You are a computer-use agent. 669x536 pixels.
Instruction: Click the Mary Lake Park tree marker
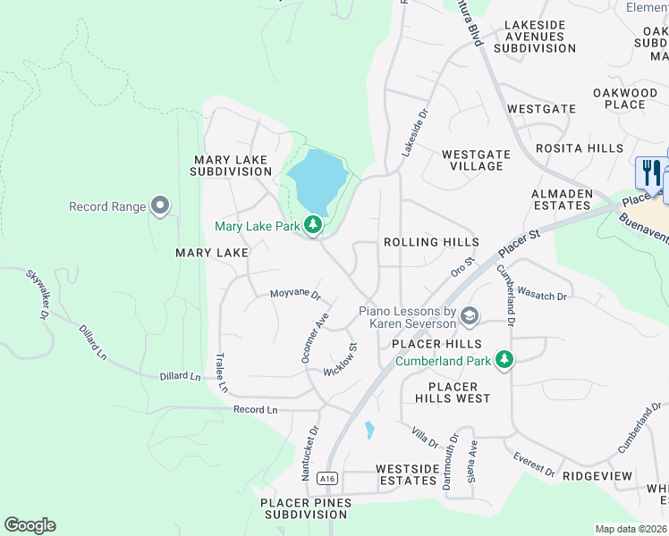click(313, 226)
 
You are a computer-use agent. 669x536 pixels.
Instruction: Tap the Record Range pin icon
click(160, 206)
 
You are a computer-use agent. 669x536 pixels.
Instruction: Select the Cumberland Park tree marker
click(505, 360)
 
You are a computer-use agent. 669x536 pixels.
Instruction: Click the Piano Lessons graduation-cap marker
click(470, 316)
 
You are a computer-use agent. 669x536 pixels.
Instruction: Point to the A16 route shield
click(327, 479)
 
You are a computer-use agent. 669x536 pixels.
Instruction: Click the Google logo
click(30, 525)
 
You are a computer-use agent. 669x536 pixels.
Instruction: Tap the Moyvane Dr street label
click(295, 294)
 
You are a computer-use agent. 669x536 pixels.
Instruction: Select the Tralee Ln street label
click(221, 373)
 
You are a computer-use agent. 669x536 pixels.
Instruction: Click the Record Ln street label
click(256, 410)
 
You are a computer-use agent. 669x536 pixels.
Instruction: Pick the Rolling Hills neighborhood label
click(431, 242)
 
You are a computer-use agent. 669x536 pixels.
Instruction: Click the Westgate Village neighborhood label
click(476, 160)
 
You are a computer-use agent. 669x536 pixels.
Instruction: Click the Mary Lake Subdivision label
click(231, 164)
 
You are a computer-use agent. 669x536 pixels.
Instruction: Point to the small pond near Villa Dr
click(369, 430)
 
